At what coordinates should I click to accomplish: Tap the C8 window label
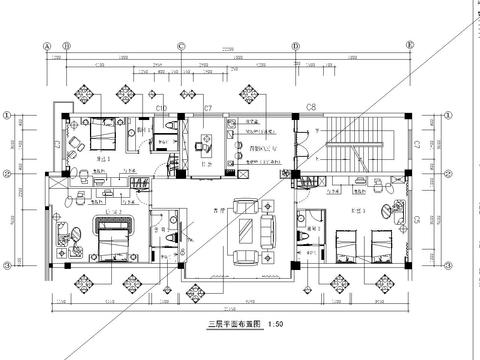pos(311,105)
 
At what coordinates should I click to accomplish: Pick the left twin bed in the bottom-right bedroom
pos(350,243)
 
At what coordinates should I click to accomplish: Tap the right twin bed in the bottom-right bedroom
pos(382,243)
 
